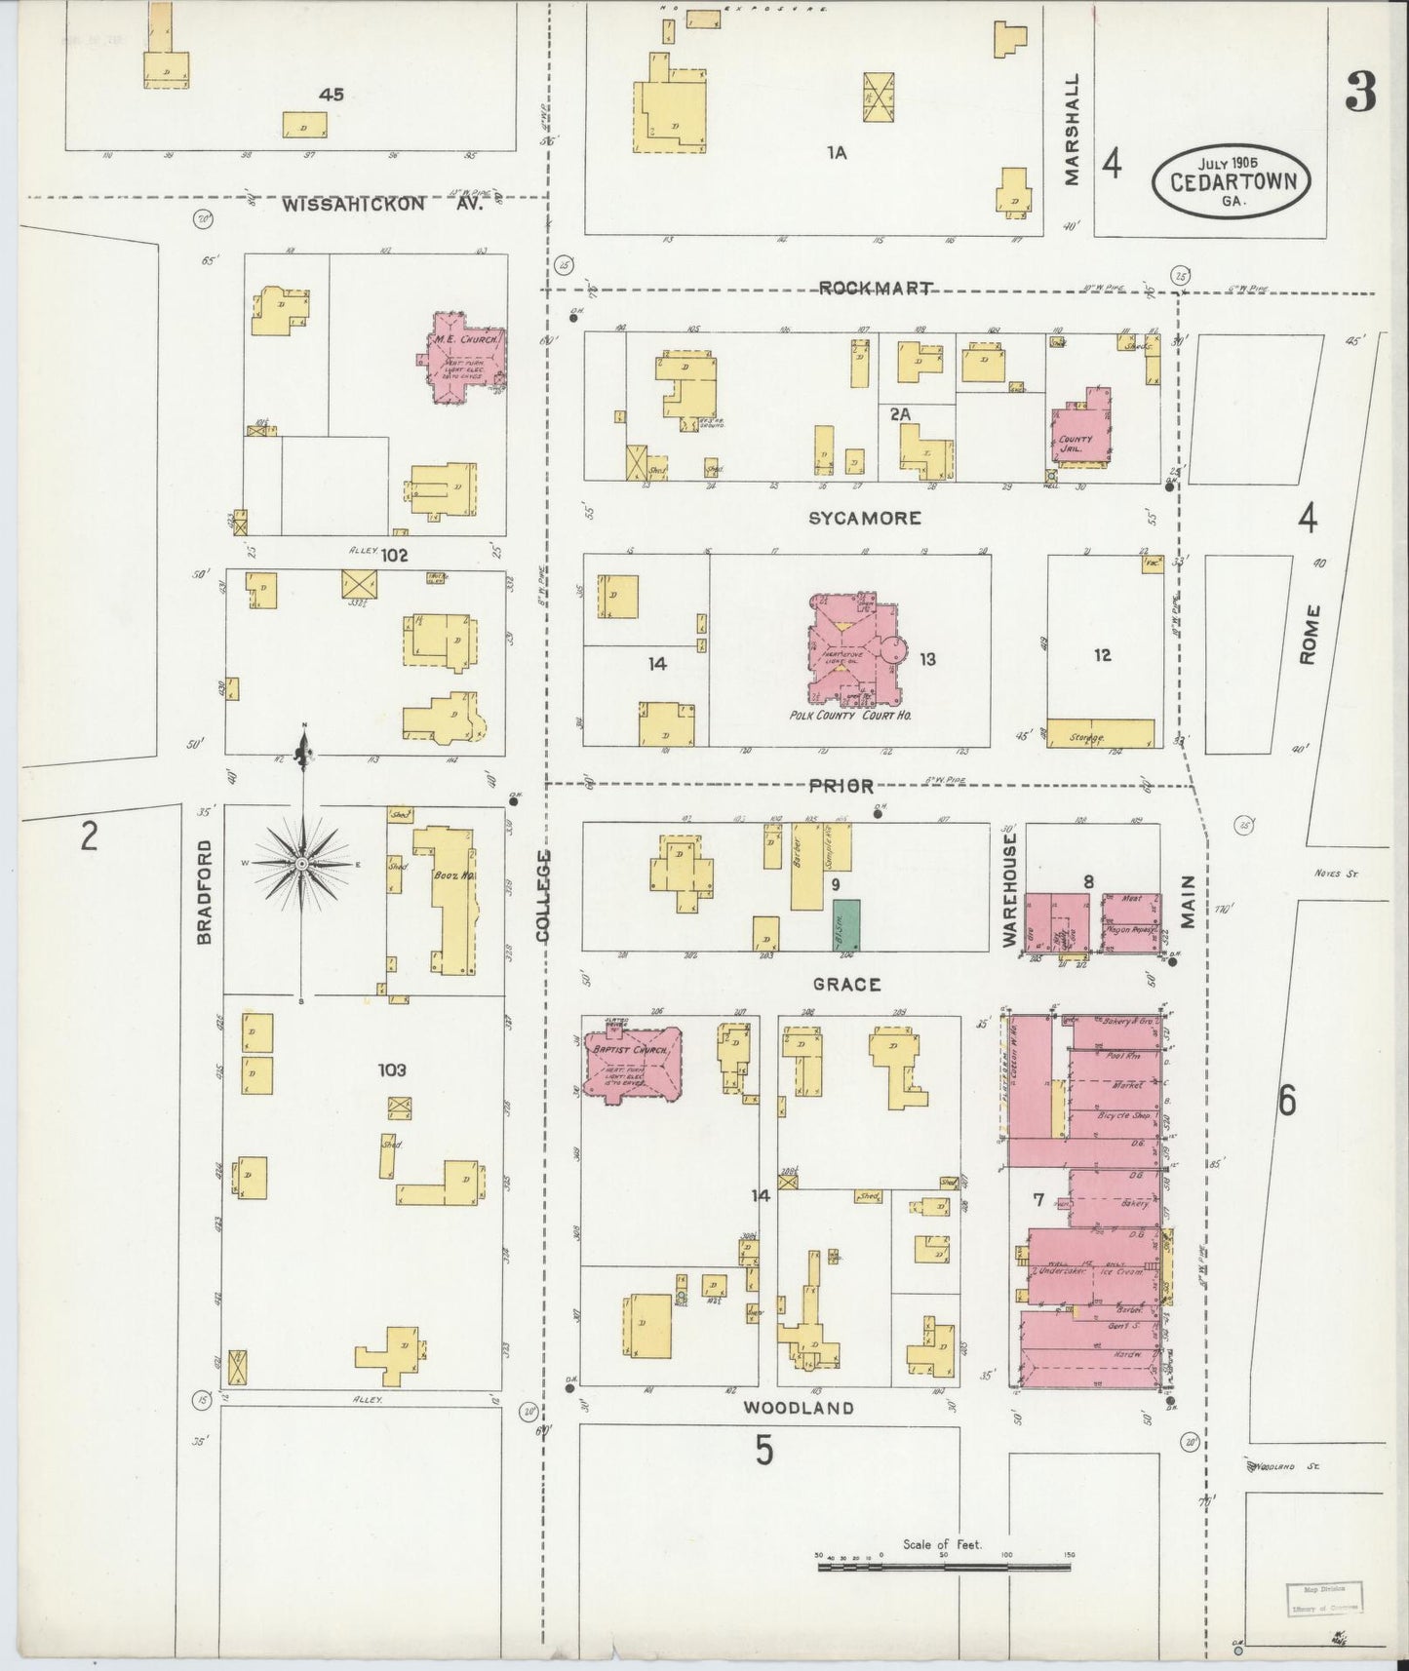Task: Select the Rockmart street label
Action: point(875,288)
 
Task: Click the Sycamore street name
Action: point(864,518)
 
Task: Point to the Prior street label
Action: point(840,786)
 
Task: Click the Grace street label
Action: point(846,985)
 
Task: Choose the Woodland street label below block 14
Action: point(798,1408)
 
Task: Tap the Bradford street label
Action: point(204,891)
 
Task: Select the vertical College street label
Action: point(542,895)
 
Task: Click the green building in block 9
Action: point(845,925)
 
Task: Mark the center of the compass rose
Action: point(303,865)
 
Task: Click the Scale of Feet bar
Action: point(944,1568)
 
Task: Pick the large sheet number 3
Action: point(1359,93)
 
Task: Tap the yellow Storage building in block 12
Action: point(1100,733)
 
